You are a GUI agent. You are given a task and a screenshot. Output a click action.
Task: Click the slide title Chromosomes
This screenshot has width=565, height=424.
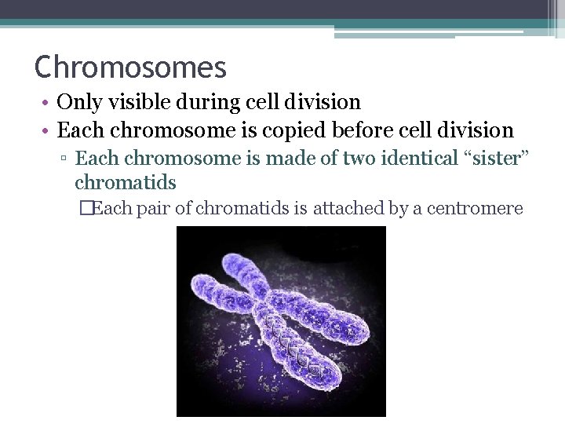tap(130, 68)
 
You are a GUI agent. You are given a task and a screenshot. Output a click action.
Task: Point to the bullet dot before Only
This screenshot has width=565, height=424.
tap(49, 103)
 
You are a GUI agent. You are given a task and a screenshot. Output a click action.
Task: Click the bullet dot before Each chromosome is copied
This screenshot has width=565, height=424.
tap(49, 131)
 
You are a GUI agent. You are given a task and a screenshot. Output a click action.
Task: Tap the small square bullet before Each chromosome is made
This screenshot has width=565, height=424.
tap(65, 159)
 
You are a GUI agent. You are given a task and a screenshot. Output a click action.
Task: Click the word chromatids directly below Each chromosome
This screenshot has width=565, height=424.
tap(126, 183)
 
